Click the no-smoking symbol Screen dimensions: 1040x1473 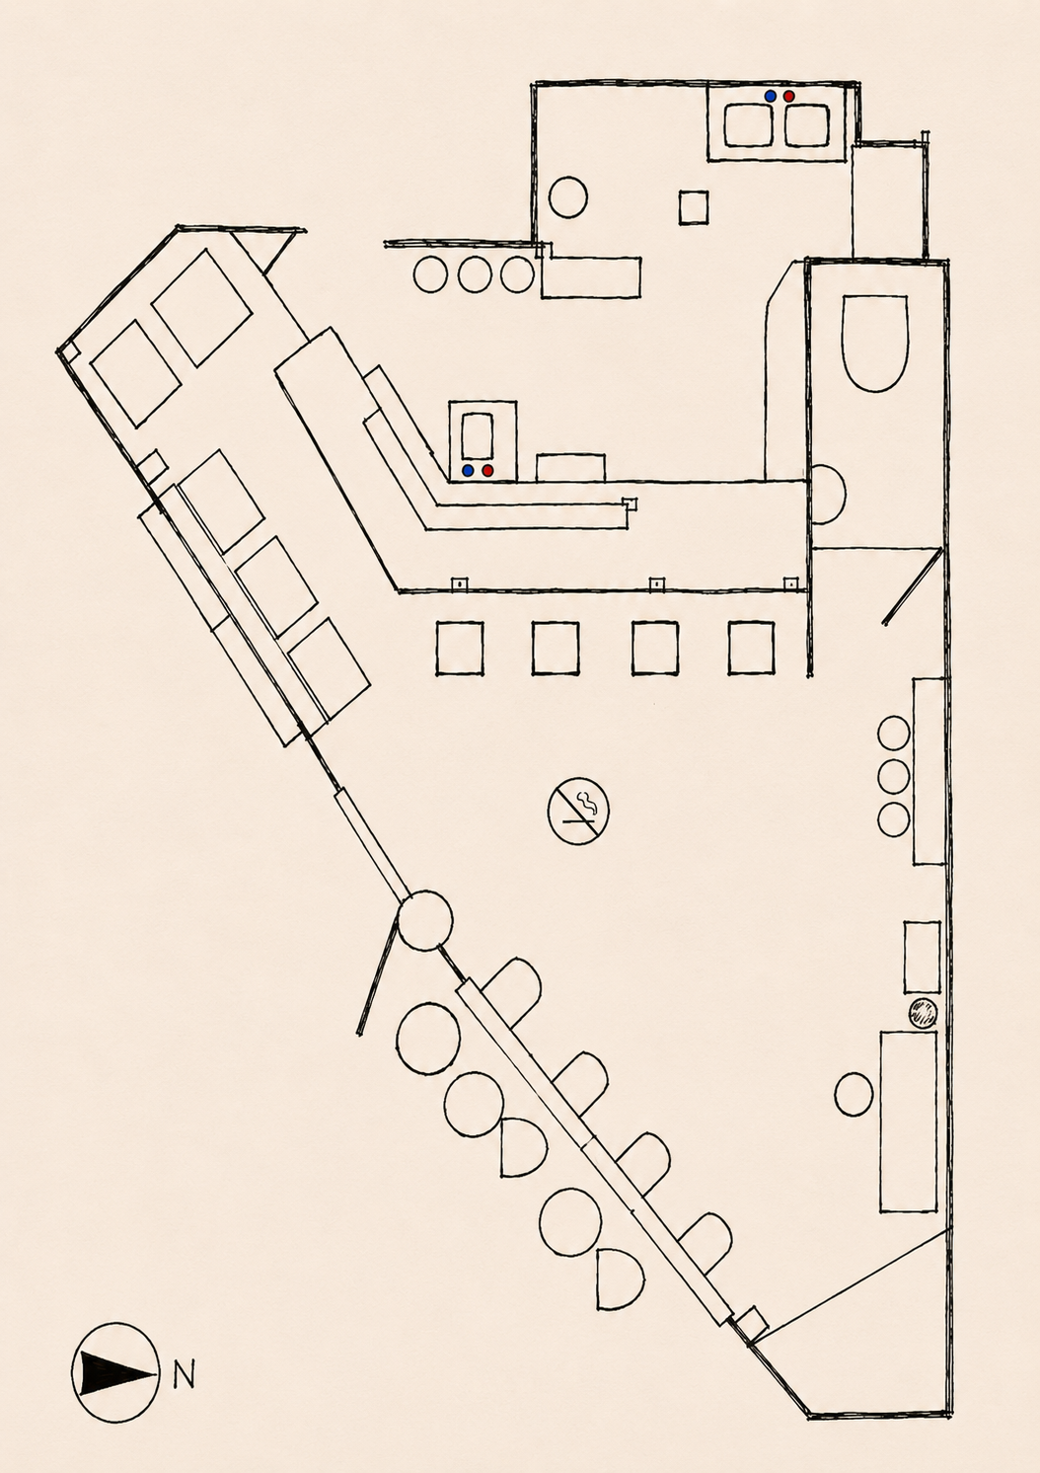point(578,811)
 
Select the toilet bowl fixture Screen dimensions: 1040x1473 point(875,344)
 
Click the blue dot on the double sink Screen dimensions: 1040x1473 point(771,96)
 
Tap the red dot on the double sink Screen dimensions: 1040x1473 point(788,96)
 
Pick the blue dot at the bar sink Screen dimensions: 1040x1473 point(468,470)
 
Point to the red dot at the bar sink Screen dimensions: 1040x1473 point(487,470)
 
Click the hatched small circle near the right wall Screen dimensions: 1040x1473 point(923,1013)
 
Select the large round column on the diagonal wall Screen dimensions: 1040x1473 point(424,920)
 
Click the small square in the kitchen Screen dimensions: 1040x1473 point(694,207)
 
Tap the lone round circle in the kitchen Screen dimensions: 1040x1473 point(568,197)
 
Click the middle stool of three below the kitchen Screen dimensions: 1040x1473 point(474,274)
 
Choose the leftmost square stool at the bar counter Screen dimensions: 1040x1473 point(459,648)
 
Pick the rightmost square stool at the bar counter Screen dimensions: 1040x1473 point(752,648)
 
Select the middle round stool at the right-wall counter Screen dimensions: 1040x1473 point(894,776)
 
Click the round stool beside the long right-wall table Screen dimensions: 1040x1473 point(854,1094)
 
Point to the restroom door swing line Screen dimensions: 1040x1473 point(909,585)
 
